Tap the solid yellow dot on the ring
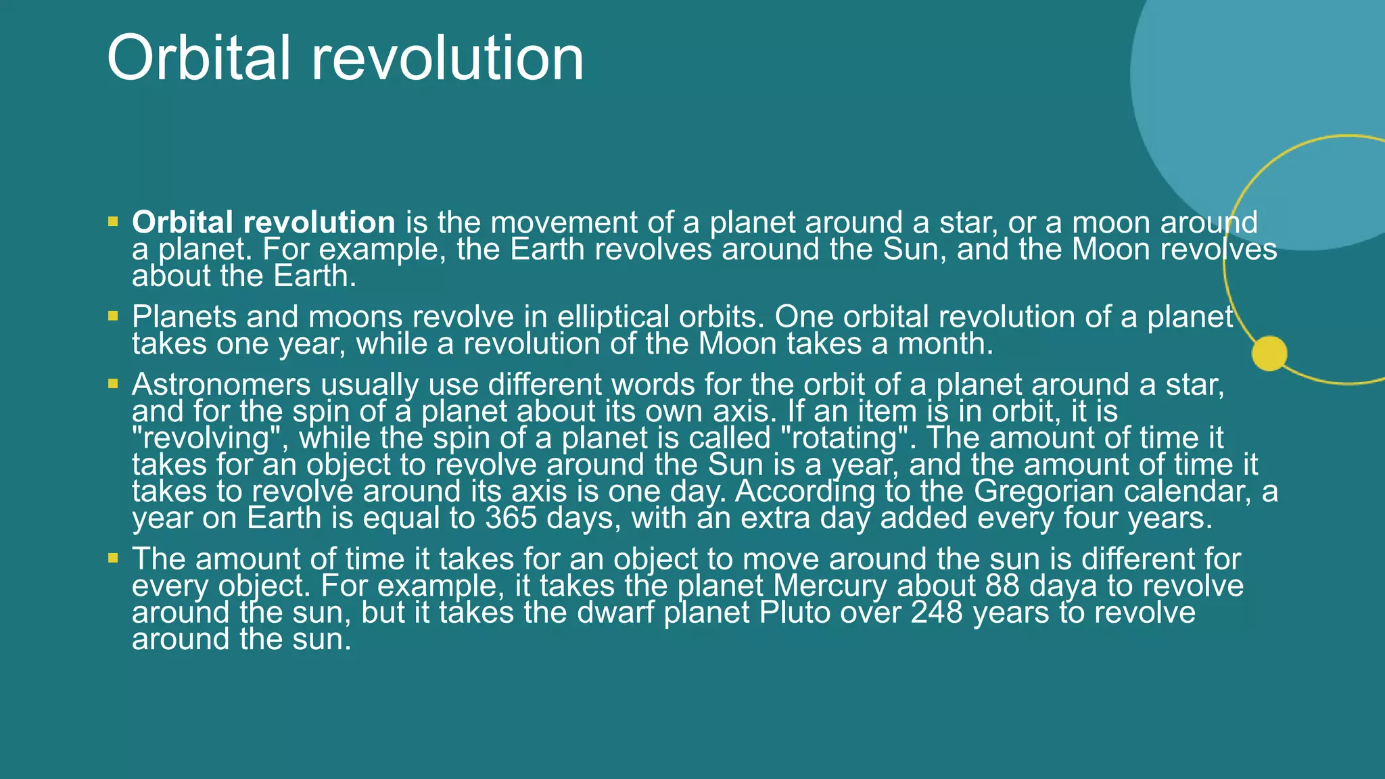(1269, 353)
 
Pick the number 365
(511, 518)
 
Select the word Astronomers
(221, 384)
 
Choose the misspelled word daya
(1063, 586)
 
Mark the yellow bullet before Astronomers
(113, 383)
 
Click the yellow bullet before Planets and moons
(113, 316)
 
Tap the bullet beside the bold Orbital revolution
(113, 221)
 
